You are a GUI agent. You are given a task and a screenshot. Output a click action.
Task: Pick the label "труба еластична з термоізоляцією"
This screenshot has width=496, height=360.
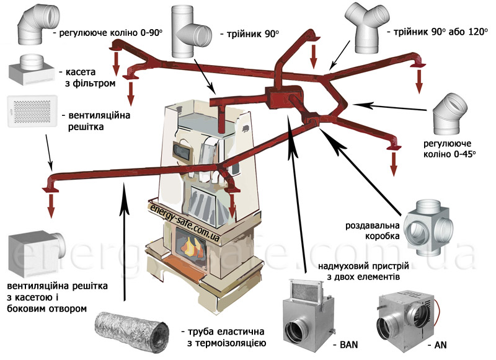pos(226,335)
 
